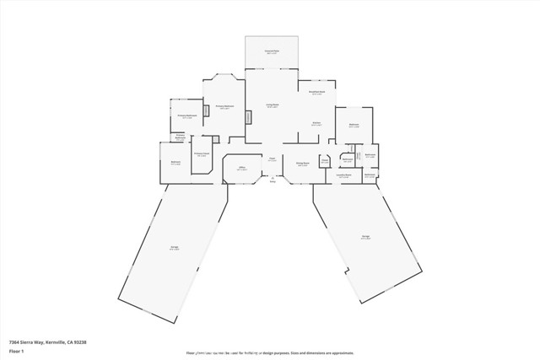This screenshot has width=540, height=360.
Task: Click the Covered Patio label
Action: (x=272, y=52)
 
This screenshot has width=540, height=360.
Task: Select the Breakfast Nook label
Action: (x=316, y=93)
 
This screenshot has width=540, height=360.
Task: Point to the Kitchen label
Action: (x=316, y=124)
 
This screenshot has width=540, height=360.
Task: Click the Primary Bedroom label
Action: (x=224, y=106)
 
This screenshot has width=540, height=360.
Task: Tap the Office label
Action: (x=241, y=169)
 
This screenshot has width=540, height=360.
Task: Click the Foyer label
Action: (x=272, y=159)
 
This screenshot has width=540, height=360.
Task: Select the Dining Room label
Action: (x=301, y=164)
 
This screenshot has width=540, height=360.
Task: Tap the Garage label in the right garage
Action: (x=366, y=237)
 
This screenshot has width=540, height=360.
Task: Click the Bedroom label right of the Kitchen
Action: (x=354, y=126)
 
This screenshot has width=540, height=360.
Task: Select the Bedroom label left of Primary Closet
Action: (x=175, y=163)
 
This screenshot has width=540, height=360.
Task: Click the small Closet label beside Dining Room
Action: (x=324, y=162)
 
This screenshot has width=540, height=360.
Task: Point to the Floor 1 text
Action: (x=17, y=351)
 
